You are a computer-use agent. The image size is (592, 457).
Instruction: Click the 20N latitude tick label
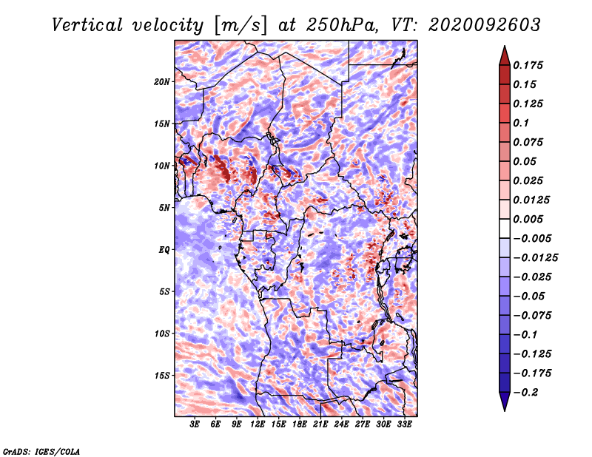(x=162, y=82)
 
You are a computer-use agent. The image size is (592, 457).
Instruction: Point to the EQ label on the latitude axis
(x=164, y=250)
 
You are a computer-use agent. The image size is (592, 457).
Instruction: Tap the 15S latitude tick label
(x=162, y=376)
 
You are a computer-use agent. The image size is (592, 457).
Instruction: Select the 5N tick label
(x=164, y=208)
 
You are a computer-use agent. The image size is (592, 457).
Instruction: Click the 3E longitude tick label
(x=195, y=424)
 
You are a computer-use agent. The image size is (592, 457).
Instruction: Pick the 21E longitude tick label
(x=320, y=424)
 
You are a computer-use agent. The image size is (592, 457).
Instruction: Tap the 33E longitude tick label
(x=404, y=424)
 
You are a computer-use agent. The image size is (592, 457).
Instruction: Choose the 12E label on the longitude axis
(x=258, y=424)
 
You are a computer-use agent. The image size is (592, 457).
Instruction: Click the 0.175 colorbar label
(x=528, y=65)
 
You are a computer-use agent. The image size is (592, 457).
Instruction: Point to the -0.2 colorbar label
(x=525, y=393)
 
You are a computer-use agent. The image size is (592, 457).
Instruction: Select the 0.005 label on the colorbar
(x=528, y=219)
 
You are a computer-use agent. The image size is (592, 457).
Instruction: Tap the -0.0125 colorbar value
(x=535, y=258)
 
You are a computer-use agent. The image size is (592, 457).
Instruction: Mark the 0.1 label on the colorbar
(x=521, y=123)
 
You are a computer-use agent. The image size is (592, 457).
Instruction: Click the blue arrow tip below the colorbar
(x=505, y=410)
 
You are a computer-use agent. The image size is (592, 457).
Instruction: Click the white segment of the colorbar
(x=505, y=228)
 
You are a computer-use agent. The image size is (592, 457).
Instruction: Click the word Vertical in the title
(x=87, y=25)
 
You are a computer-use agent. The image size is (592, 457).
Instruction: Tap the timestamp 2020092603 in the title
(x=485, y=25)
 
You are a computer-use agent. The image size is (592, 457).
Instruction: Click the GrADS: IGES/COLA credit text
(x=41, y=451)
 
